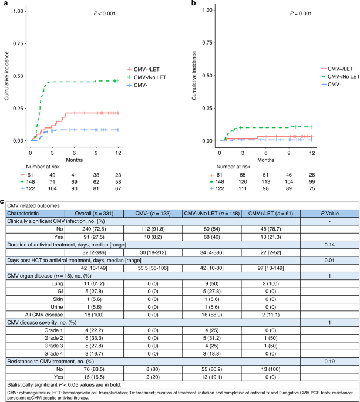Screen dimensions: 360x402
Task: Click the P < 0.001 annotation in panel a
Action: (105, 13)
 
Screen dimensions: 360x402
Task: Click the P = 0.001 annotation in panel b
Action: (301, 13)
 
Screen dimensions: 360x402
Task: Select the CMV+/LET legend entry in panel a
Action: (143, 69)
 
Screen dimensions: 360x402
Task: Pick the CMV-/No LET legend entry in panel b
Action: (341, 76)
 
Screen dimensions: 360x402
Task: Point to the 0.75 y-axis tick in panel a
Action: (18, 43)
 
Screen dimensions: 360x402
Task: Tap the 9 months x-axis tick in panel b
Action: (289, 153)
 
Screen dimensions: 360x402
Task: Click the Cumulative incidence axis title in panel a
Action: (6, 76)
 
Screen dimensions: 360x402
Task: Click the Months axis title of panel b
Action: (266, 160)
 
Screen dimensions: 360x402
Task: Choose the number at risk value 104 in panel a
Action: (52, 188)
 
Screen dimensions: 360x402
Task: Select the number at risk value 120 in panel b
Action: (243, 181)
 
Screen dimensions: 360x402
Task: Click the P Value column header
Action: (329, 214)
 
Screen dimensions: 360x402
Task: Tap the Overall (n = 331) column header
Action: (94, 214)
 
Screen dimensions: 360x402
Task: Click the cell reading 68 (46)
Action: (211, 237)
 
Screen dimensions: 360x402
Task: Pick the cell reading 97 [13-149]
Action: (271, 268)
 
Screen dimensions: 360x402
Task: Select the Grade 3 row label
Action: (53, 346)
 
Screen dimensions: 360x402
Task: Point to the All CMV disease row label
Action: (44, 315)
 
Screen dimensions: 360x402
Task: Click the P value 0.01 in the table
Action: (329, 261)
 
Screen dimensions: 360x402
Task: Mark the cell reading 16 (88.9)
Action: (211, 315)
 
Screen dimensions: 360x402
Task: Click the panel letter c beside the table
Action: (2, 201)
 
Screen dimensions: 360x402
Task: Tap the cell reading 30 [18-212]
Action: (153, 252)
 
